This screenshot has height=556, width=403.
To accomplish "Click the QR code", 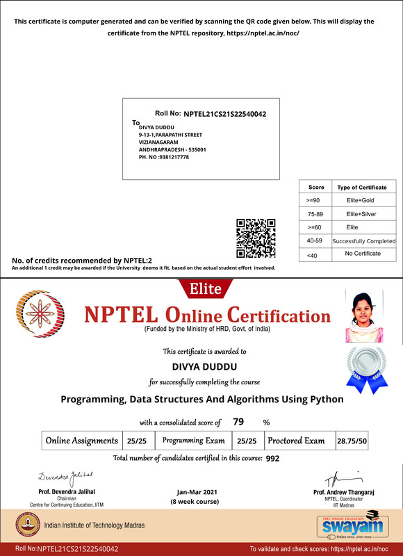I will click(256, 238).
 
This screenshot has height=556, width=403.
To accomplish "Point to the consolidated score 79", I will click(238, 421).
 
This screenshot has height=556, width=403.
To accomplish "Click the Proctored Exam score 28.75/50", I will click(352, 441).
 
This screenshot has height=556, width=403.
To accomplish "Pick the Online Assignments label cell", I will click(81, 441).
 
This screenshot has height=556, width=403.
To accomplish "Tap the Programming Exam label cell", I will click(194, 441).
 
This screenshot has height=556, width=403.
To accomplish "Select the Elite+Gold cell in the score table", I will click(361, 200).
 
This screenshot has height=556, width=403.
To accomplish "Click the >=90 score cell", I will click(314, 200).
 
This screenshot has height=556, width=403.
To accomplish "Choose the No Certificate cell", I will click(363, 254).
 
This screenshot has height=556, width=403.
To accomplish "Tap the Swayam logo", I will click(347, 526).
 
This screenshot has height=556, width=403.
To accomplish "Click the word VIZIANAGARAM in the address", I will click(159, 142).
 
